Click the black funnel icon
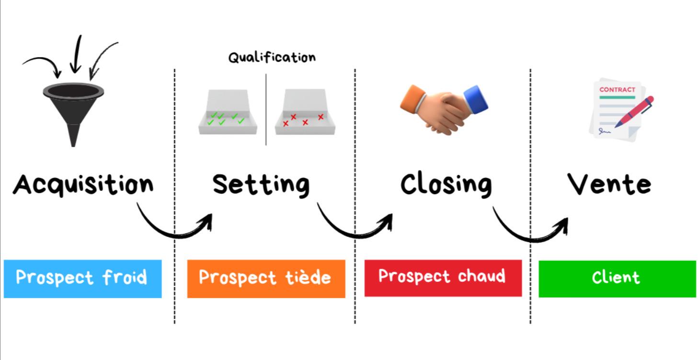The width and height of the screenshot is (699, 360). tap(73, 108)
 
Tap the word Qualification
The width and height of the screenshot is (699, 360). tap(272, 58)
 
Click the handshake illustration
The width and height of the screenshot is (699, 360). tap(443, 109)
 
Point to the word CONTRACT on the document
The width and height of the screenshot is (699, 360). tap(617, 90)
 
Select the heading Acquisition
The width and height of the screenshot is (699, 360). tap(83, 184)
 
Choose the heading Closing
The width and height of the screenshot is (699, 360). tap(446, 184)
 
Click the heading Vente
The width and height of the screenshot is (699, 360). tap(609, 184)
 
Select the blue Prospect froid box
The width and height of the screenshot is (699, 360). tap(82, 279)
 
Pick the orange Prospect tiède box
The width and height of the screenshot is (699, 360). tap(266, 279)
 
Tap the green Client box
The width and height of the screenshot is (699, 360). tap(617, 279)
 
